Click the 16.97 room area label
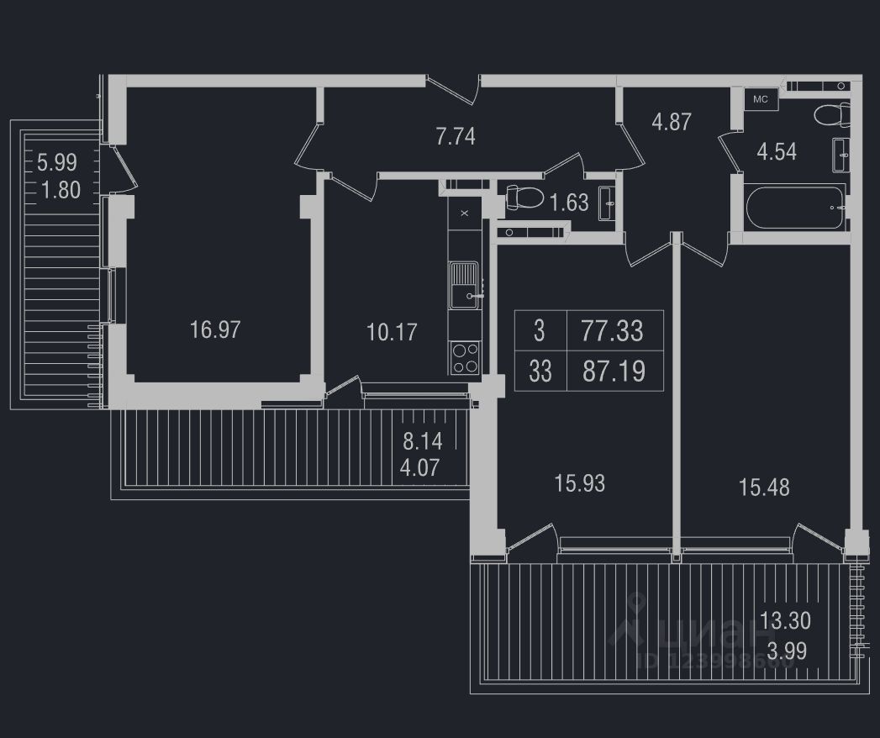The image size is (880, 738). (215, 329)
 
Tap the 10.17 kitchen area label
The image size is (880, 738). (392, 332)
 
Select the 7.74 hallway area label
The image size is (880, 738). (456, 136)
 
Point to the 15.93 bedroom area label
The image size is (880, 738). (580, 483)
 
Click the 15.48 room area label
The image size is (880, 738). (764, 487)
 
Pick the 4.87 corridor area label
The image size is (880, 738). (672, 122)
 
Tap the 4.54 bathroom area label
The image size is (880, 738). (777, 152)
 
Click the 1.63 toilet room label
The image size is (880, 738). (569, 202)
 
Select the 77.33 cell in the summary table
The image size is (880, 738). (612, 331)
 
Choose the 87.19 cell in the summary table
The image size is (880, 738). (614, 372)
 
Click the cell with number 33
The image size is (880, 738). (540, 372)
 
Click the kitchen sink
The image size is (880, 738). (463, 284)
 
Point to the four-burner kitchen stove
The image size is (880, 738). (465, 358)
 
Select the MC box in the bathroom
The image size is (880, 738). (760, 99)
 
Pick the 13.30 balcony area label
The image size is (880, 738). (785, 621)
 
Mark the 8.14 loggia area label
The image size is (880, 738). (422, 440)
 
